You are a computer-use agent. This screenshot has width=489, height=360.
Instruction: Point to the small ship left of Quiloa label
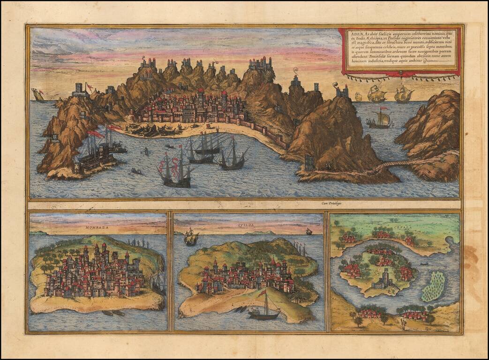[191, 238]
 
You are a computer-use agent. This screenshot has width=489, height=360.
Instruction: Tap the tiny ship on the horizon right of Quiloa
[309, 232]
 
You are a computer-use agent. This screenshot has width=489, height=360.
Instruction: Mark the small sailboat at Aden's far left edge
[38, 95]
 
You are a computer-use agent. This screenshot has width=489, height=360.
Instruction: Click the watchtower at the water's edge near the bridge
[310, 163]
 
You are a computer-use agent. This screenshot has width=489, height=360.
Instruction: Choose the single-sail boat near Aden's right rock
[380, 120]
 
